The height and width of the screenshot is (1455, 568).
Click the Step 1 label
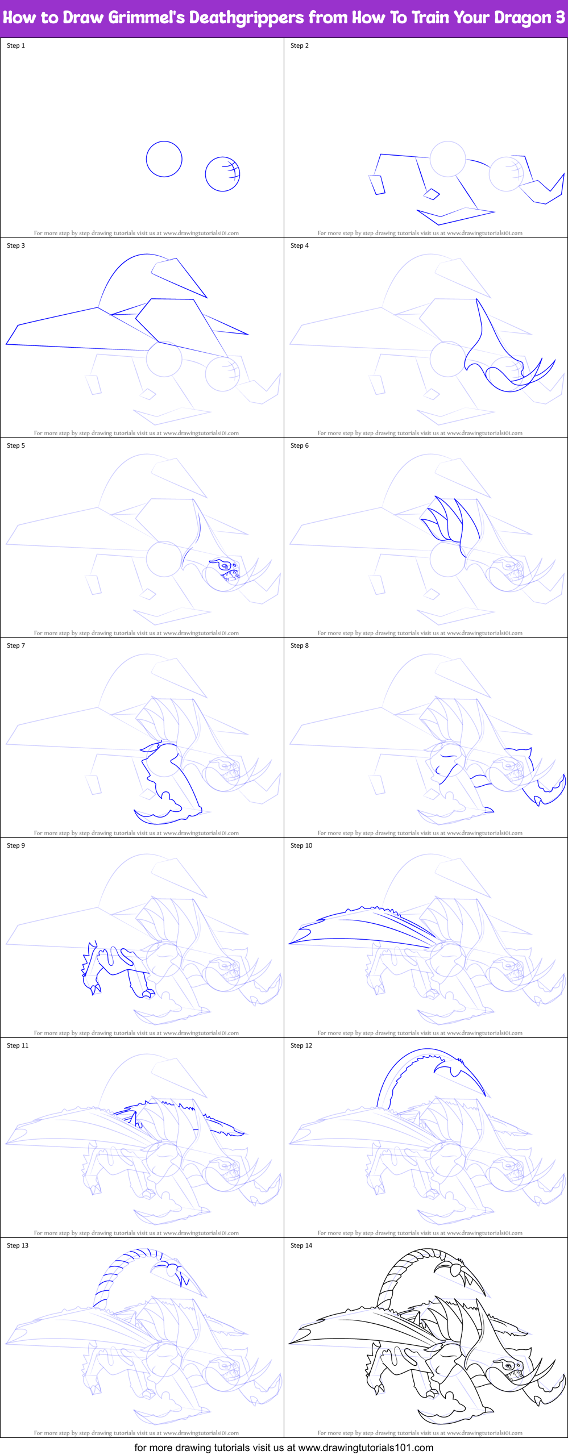click(16, 45)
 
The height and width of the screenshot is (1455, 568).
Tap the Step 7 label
click(16, 645)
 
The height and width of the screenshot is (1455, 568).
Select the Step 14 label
click(301, 1245)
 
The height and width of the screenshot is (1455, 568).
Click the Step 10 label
click(301, 845)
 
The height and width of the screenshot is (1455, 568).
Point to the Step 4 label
click(300, 245)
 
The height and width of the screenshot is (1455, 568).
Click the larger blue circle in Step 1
click(164, 159)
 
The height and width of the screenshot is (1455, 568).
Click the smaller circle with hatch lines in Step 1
click(222, 174)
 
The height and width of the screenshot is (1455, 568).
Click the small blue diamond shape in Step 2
click(432, 194)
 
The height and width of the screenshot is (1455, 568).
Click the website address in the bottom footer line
click(366, 1447)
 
